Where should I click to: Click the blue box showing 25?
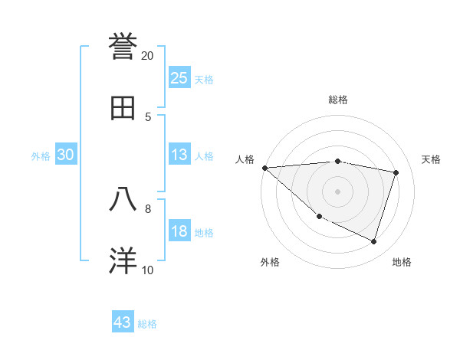point(179,77)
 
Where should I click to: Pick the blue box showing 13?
point(179,155)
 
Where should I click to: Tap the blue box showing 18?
point(179,231)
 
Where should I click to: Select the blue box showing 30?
point(65,155)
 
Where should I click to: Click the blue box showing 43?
point(122,322)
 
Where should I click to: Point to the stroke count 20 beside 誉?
point(148,56)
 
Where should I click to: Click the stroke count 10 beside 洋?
point(148,270)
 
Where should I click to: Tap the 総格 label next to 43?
point(147,324)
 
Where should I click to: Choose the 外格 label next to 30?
point(41,156)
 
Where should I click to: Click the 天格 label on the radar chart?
point(432,159)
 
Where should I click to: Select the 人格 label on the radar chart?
point(245,159)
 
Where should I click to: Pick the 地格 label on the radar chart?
point(402,262)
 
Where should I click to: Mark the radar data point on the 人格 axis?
point(264,168)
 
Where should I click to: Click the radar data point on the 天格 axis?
point(396,172)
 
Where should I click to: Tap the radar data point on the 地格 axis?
point(373,241)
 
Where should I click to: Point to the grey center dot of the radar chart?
point(337,191)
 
